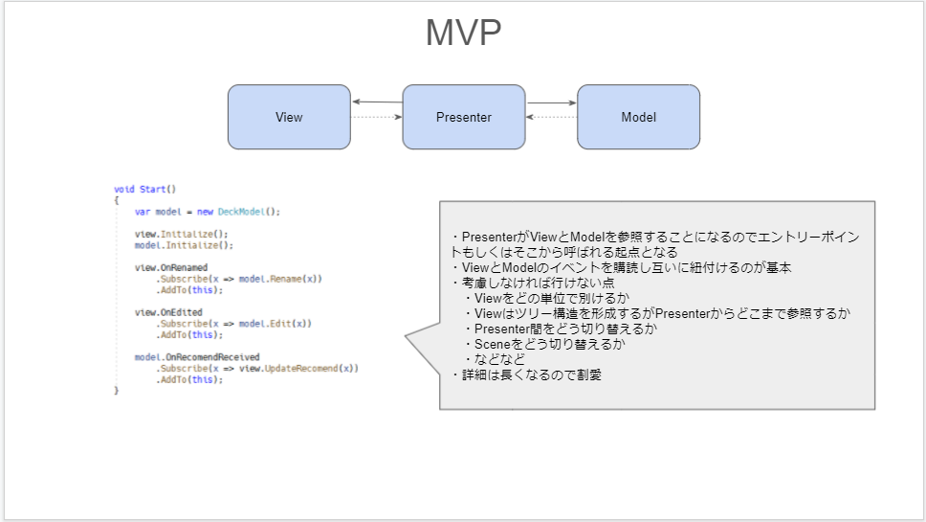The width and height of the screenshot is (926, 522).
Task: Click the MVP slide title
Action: (x=464, y=33)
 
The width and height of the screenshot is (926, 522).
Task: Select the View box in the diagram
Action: (x=289, y=117)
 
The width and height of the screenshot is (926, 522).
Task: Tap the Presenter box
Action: (x=464, y=117)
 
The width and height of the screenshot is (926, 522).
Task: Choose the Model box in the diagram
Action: (x=638, y=117)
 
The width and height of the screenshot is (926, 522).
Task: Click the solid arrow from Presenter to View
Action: (x=377, y=102)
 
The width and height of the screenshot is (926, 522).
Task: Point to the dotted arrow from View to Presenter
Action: (x=377, y=117)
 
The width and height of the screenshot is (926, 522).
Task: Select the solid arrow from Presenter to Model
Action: (x=551, y=102)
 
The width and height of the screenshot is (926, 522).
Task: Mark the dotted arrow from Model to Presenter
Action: (x=552, y=117)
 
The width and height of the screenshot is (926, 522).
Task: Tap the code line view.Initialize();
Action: (x=182, y=234)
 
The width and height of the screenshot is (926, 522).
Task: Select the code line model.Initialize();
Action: (x=184, y=245)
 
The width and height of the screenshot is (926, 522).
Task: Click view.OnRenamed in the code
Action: (x=171, y=268)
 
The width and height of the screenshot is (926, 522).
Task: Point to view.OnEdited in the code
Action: (x=168, y=312)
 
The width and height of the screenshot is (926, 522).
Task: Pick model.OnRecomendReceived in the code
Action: (x=197, y=357)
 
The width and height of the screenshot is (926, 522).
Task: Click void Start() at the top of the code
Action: (x=144, y=190)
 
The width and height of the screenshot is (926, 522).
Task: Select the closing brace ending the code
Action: (x=117, y=390)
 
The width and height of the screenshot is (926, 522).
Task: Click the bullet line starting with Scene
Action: (x=544, y=344)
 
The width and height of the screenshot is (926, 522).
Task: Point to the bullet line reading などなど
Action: (x=495, y=359)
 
